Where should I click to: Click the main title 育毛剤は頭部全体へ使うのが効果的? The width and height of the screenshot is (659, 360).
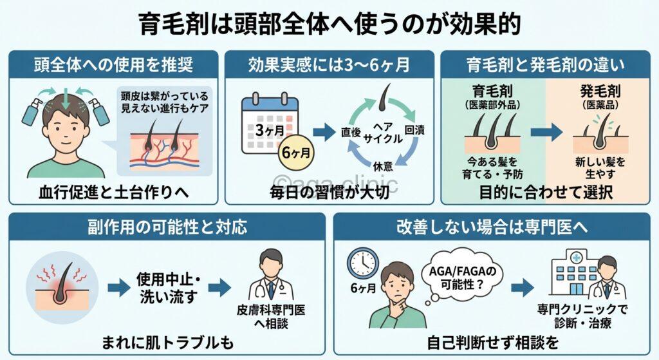329,24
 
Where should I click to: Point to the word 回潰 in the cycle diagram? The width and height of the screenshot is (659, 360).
414,130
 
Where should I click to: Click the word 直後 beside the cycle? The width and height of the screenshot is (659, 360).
350,131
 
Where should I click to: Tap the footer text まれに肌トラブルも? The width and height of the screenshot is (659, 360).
168,342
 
